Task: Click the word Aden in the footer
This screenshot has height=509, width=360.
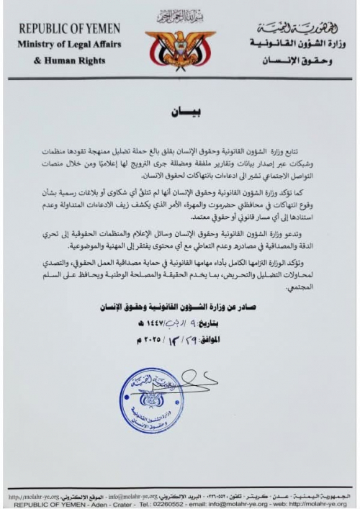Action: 102,505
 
